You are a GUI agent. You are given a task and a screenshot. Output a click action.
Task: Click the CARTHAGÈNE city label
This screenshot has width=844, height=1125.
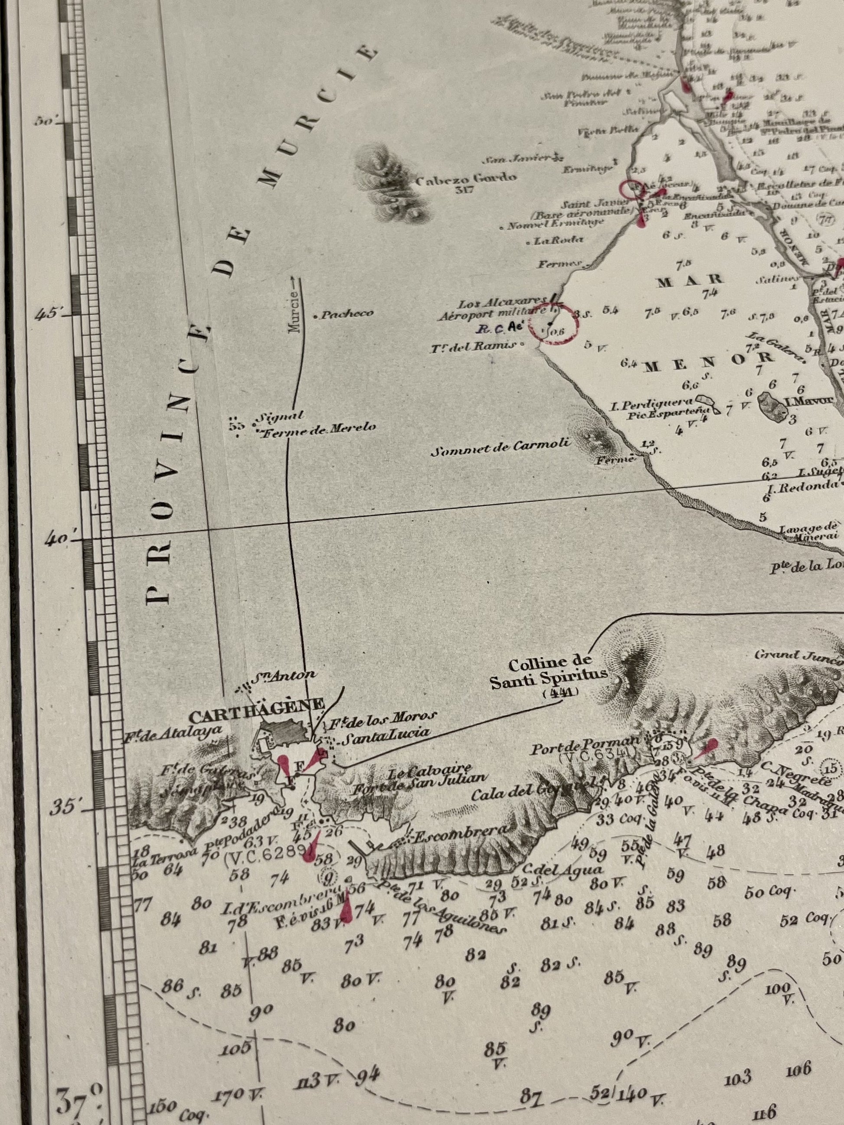point(256,704)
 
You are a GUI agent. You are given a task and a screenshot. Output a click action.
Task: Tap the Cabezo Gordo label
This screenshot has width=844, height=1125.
point(466,179)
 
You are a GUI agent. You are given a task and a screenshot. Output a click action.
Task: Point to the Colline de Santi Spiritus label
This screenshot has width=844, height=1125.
point(550,672)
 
